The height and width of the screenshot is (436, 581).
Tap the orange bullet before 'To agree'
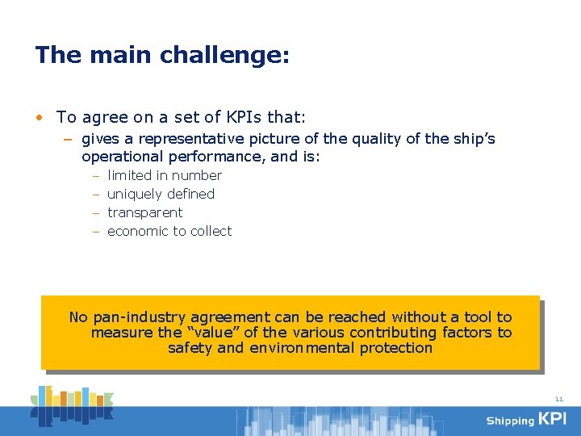[x=40, y=118]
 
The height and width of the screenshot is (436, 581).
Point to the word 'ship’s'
[x=472, y=139]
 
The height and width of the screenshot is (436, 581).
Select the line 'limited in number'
[x=164, y=175]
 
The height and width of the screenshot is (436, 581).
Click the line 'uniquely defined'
[x=161, y=194]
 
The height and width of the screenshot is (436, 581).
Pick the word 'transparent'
[x=144, y=212]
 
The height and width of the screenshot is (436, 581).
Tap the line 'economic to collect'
[x=169, y=231]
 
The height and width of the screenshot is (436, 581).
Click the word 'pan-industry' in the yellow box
[x=139, y=317]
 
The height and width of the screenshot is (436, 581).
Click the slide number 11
[x=559, y=399]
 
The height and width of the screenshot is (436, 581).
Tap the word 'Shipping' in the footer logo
[x=510, y=421]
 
